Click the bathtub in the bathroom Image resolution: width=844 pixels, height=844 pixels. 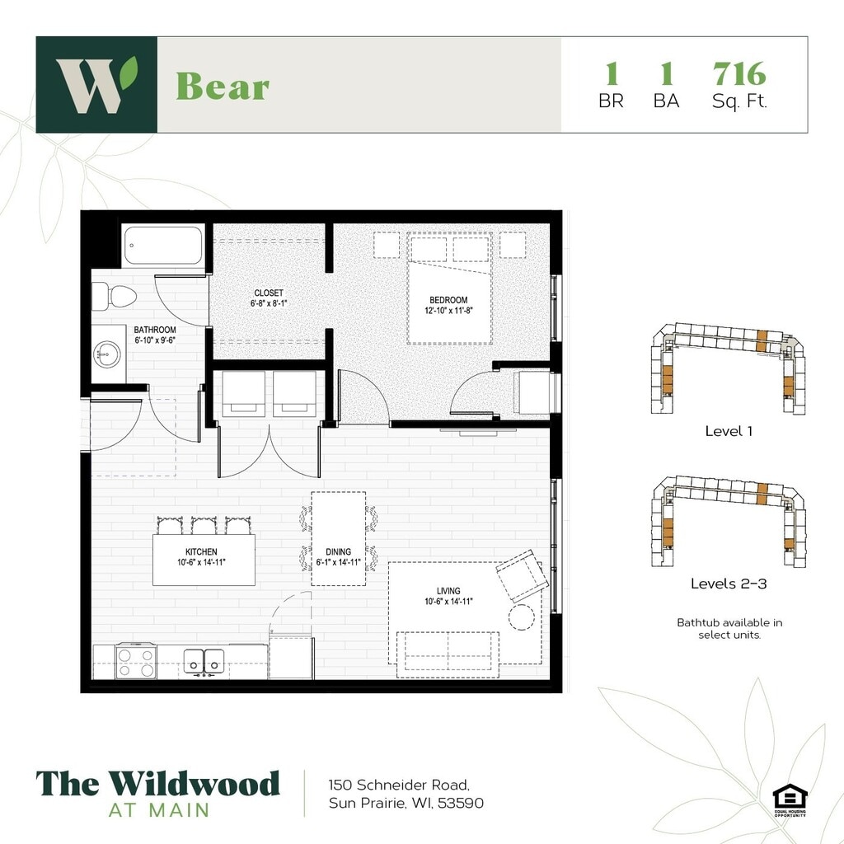click(162, 246)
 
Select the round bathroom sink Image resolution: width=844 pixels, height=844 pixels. click(106, 356)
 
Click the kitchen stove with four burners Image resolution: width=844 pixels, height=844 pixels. click(136, 660)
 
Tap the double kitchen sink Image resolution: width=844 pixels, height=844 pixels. click(203, 660)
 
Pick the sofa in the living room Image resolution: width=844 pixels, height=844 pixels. click(446, 653)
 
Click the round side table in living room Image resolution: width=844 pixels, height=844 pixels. click(522, 617)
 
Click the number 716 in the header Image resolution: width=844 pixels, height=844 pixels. click(739, 75)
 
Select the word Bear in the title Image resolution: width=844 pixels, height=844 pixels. click(223, 86)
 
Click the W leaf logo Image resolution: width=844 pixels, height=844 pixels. click(96, 84)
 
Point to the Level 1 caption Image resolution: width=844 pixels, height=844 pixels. click(729, 431)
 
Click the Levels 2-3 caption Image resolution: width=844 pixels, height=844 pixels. click(729, 584)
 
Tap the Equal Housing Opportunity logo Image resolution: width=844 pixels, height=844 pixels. click(790, 799)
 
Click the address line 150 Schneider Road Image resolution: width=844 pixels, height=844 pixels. click(399, 784)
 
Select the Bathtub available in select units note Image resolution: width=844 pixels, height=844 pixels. click(729, 628)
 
